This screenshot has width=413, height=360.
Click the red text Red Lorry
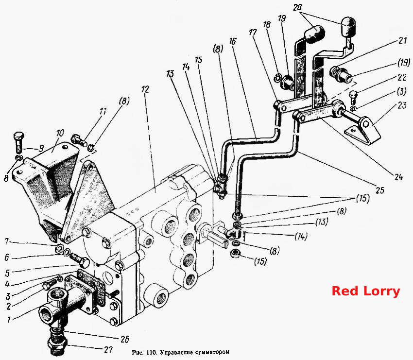pos(365,291)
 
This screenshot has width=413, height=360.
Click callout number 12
pos(145,89)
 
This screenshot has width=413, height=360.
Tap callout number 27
pos(108,349)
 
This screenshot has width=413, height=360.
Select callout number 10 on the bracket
pos(60,133)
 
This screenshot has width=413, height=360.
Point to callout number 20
pos(297,7)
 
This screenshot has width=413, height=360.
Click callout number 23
pos(402,105)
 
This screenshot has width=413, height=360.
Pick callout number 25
pos(380,190)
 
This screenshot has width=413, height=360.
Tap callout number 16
pos(233,41)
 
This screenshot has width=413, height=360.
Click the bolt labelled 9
pos(18,142)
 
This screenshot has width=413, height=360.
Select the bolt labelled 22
pos(353,97)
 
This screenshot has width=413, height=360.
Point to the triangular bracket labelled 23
pos(363,131)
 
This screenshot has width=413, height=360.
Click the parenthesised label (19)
pos(404,63)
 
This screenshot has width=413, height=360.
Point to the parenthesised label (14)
pos(301,236)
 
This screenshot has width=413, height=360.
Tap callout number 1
pos(9,320)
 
